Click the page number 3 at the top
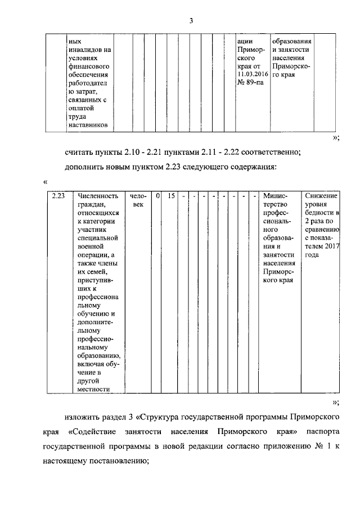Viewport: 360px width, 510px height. click(x=191, y=21)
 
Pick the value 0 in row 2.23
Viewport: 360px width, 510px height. click(x=158, y=196)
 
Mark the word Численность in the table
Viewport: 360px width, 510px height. click(x=98, y=196)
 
